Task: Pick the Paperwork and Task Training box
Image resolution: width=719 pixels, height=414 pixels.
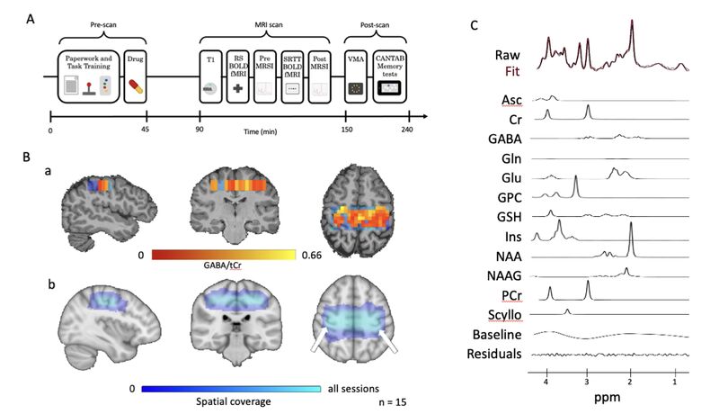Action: pyautogui.click(x=87, y=76)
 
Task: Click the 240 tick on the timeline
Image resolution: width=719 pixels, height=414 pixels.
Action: pyautogui.click(x=410, y=114)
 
